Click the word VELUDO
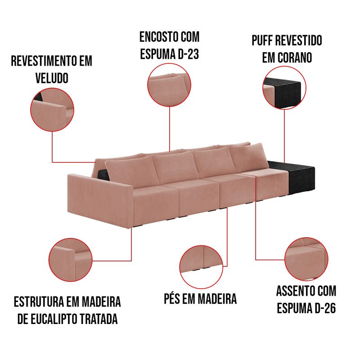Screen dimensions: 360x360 point(52,78)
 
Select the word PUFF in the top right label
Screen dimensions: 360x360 point(262,40)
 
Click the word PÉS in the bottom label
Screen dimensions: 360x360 point(172,298)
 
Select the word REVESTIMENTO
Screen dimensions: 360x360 point(44,61)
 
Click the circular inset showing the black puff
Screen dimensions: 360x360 point(284,87)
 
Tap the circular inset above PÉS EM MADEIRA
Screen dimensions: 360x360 point(201,267)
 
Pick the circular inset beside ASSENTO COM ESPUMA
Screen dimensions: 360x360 point(306,259)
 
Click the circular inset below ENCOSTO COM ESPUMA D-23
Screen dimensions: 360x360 point(169,85)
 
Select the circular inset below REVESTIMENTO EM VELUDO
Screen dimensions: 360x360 point(52,110)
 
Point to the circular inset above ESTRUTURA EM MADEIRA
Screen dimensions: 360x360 point(70,260)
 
